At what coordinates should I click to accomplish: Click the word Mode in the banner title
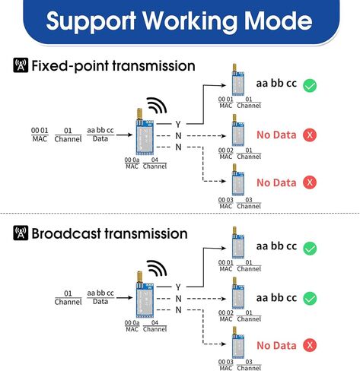[278, 21]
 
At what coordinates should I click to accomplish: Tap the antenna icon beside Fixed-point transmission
[21, 65]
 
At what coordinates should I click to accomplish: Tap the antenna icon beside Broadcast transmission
[21, 233]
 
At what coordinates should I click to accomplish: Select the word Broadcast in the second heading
[66, 233]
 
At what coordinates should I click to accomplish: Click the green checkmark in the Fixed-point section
[310, 85]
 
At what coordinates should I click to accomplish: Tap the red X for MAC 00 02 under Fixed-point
[310, 135]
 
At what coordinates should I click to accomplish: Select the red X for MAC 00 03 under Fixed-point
[310, 182]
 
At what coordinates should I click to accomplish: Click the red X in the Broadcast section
[310, 345]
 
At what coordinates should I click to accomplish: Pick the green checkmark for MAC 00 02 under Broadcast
[310, 298]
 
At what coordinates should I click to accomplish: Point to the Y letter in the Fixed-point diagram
[178, 124]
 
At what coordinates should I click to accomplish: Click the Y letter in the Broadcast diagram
[178, 287]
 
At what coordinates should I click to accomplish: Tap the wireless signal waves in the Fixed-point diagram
[157, 106]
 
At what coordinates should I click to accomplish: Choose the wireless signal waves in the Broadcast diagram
[157, 268]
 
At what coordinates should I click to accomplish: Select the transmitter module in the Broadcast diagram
[144, 295]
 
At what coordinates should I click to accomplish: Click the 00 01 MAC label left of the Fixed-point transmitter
[40, 135]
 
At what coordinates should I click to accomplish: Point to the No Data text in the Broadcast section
[276, 346]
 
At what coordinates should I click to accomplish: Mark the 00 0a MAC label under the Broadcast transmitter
[132, 325]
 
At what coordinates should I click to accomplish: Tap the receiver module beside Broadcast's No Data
[237, 342]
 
